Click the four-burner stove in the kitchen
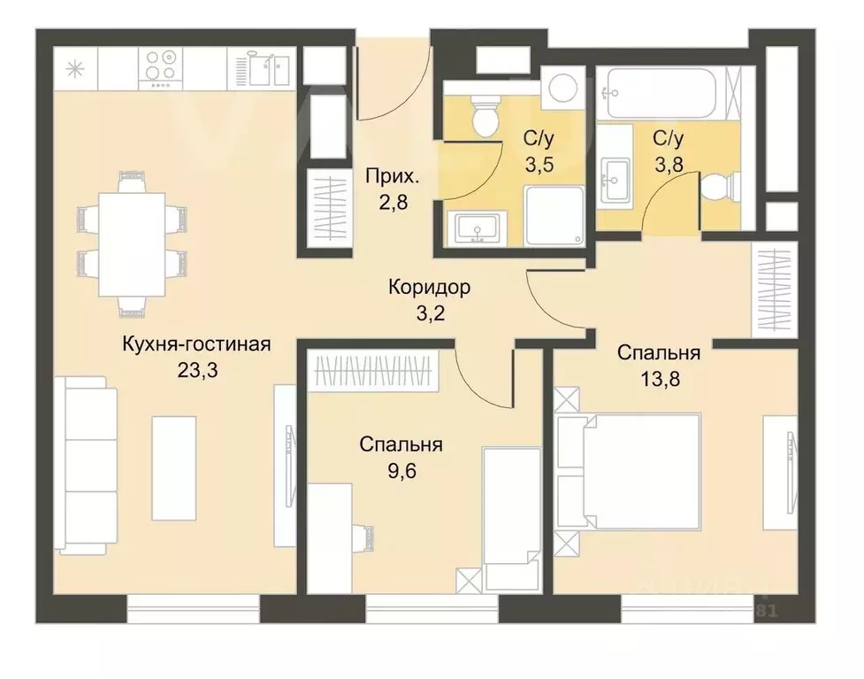[160, 66]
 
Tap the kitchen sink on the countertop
[263, 66]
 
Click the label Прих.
[390, 176]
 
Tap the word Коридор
[429, 287]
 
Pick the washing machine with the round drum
[560, 88]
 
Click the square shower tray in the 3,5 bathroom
[554, 216]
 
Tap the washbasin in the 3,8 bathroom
[615, 181]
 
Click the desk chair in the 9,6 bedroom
[363, 536]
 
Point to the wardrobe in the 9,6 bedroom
[376, 369]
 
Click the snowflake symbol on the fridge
[73, 66]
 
